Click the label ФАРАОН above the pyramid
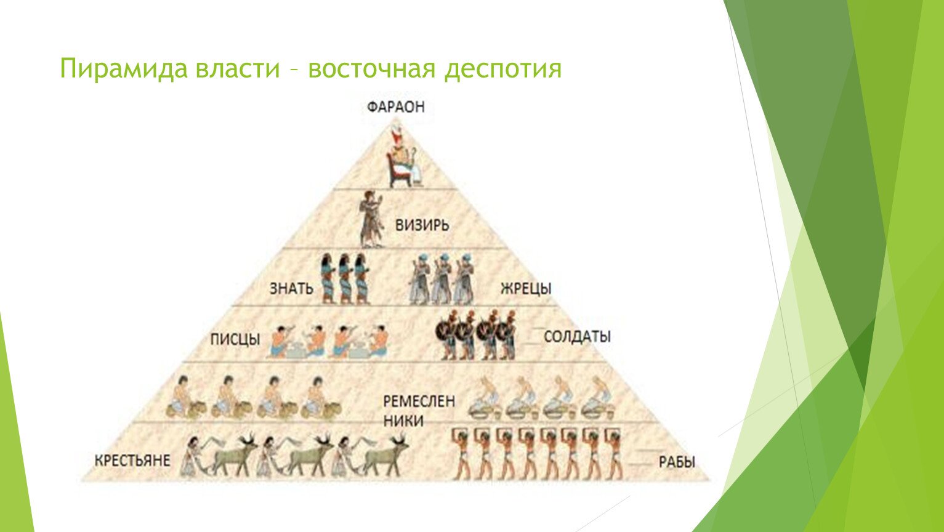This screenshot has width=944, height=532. [396, 107]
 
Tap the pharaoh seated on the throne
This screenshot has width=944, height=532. [404, 157]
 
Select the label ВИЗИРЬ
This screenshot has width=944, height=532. [422, 225]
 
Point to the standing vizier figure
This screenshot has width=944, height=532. [371, 219]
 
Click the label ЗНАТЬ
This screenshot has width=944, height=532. [291, 288]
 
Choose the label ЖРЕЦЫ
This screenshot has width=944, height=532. [526, 288]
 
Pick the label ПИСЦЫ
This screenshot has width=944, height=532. [235, 339]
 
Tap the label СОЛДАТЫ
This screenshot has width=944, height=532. [577, 336]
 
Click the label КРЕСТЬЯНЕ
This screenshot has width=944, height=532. [132, 461]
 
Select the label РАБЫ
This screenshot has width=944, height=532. [677, 462]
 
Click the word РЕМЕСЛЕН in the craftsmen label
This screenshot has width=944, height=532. [419, 401]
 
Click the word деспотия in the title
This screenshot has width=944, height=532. [502, 69]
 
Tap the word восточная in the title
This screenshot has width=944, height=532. [371, 68]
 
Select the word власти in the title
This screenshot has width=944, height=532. [238, 68]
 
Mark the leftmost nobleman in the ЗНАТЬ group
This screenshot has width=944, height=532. [328, 279]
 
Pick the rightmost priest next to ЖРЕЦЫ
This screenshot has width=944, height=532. [464, 279]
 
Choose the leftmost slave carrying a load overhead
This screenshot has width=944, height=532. [462, 454]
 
